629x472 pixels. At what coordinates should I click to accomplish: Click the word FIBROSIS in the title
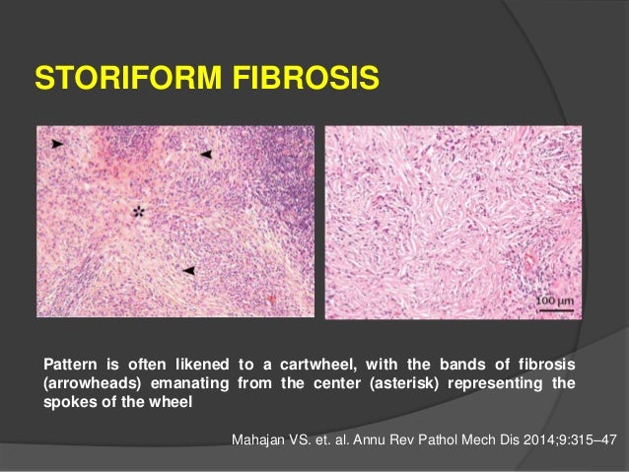pyautogui.click(x=293, y=76)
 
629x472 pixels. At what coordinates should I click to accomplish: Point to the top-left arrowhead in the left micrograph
pyautogui.click(x=59, y=144)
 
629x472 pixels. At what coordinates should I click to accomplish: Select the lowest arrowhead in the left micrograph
pyautogui.click(x=188, y=269)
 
